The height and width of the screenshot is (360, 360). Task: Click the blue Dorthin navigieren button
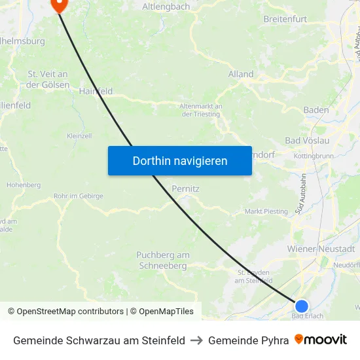coord(180,160)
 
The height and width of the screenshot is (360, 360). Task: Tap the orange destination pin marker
coord(59,5)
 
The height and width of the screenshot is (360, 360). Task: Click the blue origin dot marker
coord(301,306)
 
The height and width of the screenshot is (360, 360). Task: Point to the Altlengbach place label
coord(166,7)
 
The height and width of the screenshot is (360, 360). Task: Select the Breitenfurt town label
coord(285,19)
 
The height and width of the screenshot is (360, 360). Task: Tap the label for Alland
coord(241,74)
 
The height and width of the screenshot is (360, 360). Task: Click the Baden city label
coord(316,109)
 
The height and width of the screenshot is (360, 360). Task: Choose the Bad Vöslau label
coord(307,141)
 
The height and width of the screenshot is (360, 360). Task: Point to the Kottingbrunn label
coord(314,156)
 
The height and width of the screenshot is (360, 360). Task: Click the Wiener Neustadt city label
coord(321,249)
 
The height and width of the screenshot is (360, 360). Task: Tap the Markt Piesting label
coord(266,211)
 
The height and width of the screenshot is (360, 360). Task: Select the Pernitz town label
coord(185,189)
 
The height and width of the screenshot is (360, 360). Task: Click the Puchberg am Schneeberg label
coord(163,260)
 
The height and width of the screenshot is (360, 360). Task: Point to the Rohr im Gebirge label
coord(79,196)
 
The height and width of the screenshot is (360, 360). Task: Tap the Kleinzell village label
coord(79,136)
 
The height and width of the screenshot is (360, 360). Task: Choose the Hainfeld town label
coord(96,92)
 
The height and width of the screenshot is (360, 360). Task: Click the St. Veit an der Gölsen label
coord(48,79)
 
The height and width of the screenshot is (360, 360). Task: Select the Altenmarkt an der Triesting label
coord(201,110)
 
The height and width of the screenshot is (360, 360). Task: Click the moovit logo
coord(321,340)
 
